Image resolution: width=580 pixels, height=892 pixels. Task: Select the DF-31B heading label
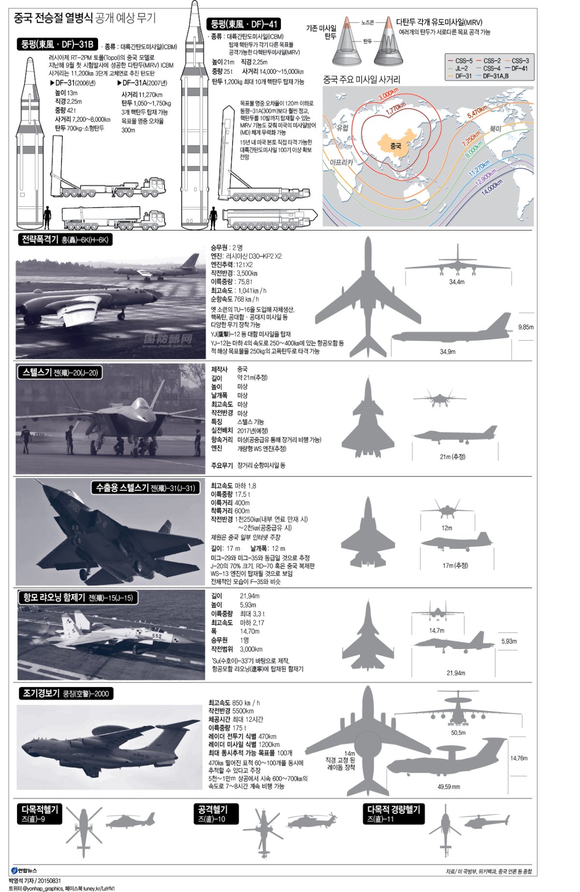pyautogui.click(x=57, y=44)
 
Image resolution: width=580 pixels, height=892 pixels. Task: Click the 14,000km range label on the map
pyautogui.click(x=492, y=187)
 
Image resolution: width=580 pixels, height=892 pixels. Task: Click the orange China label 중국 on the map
pyautogui.click(x=395, y=145)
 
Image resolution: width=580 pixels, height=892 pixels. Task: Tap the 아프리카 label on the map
pyautogui.click(x=341, y=162)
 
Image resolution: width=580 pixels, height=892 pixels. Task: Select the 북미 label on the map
pyautogui.click(x=496, y=129)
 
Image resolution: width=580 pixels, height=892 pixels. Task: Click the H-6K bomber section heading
pyautogui.click(x=65, y=240)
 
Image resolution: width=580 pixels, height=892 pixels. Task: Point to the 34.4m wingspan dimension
pyautogui.click(x=457, y=282)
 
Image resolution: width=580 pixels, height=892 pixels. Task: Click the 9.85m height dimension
pyautogui.click(x=526, y=327)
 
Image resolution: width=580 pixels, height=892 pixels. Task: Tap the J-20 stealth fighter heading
pyautogui.click(x=60, y=373)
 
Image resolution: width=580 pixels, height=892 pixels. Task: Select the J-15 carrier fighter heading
pyautogui.click(x=78, y=598)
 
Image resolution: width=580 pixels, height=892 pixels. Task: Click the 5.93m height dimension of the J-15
pyautogui.click(x=509, y=641)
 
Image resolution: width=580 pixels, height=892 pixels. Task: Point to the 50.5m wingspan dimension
pyautogui.click(x=458, y=733)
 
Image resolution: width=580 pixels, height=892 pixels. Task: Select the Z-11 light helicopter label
pyautogui.click(x=394, y=814)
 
